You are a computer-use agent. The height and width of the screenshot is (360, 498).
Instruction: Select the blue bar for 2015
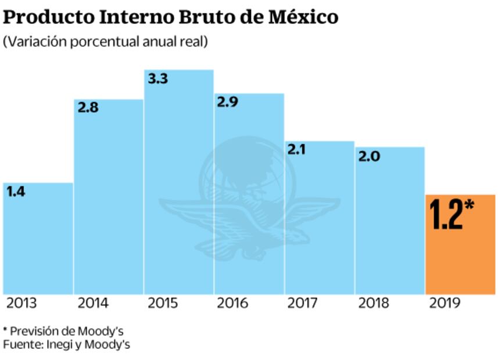179,186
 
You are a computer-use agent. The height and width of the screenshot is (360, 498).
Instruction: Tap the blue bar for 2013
38,244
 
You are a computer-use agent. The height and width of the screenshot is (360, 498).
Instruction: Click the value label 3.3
158,79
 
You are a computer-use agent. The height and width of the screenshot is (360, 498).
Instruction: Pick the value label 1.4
17,191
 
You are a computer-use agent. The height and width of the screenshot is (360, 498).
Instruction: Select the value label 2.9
228,102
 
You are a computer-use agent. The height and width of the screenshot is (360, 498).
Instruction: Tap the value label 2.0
369,156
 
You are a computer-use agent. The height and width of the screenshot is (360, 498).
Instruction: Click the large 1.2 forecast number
446,214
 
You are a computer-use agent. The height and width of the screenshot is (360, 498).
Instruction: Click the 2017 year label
302,303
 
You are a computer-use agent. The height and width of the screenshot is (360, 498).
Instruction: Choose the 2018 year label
372,303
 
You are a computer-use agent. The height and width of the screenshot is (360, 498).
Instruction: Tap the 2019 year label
444,303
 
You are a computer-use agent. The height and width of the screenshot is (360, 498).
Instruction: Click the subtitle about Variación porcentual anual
105,42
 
